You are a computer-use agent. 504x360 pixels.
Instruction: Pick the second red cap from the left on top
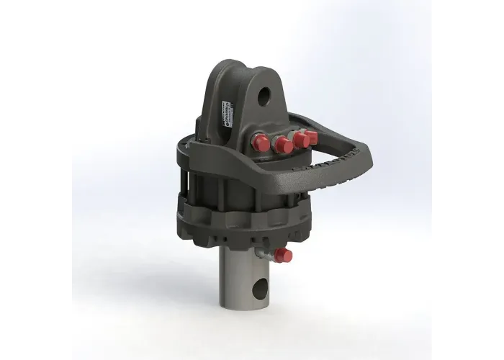point(282,145)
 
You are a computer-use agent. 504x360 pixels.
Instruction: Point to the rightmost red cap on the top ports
point(310,136)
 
